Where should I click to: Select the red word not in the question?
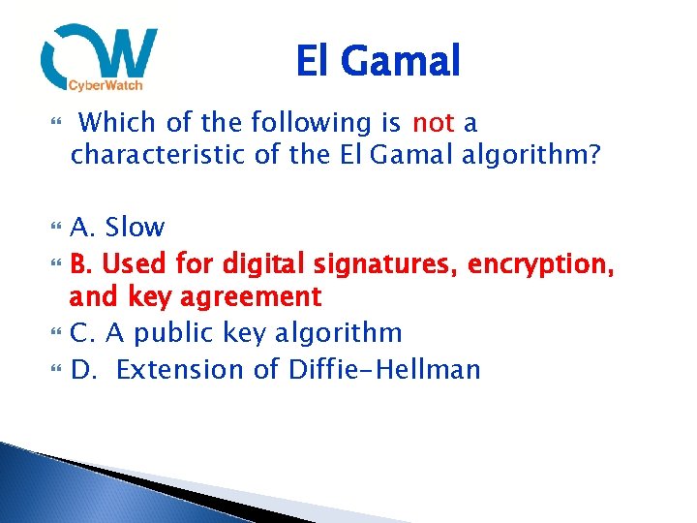(433, 123)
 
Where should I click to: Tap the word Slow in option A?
(135, 228)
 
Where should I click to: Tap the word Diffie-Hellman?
(384, 370)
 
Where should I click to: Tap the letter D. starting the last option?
(83, 370)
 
